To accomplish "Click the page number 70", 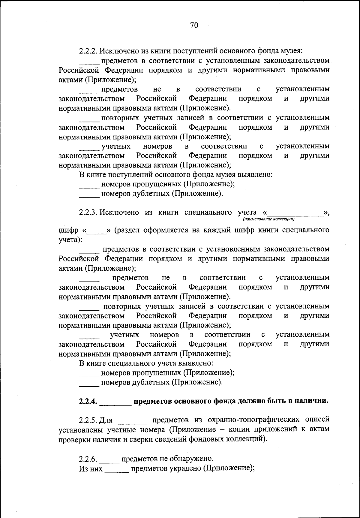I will (194, 26).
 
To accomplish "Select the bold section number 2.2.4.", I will (88, 402).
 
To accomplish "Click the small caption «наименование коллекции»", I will (268, 219).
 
